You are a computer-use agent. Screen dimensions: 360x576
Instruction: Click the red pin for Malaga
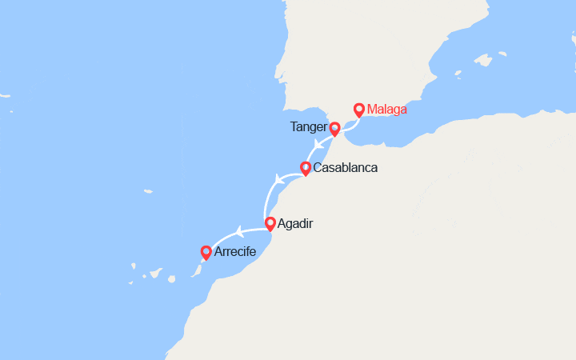point(359,110)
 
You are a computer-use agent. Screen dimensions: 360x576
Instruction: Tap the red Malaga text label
point(386,110)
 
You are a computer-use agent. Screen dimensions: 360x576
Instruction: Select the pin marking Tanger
point(334,127)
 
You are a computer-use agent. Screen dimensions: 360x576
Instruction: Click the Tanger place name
point(310,127)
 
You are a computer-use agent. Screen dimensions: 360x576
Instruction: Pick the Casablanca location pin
point(305,168)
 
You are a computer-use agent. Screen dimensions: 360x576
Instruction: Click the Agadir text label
point(296,224)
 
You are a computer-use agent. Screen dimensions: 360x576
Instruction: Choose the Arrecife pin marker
point(206,252)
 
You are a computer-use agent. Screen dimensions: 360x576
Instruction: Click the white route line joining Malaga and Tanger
point(347,123)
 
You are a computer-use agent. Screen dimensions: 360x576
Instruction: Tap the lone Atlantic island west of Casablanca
point(148,192)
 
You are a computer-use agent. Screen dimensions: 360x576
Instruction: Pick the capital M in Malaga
point(372,110)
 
